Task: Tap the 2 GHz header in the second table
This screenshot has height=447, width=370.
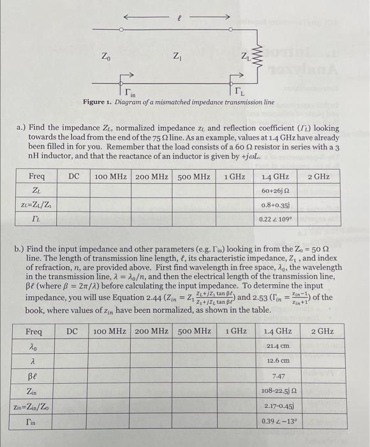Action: click(322, 331)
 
